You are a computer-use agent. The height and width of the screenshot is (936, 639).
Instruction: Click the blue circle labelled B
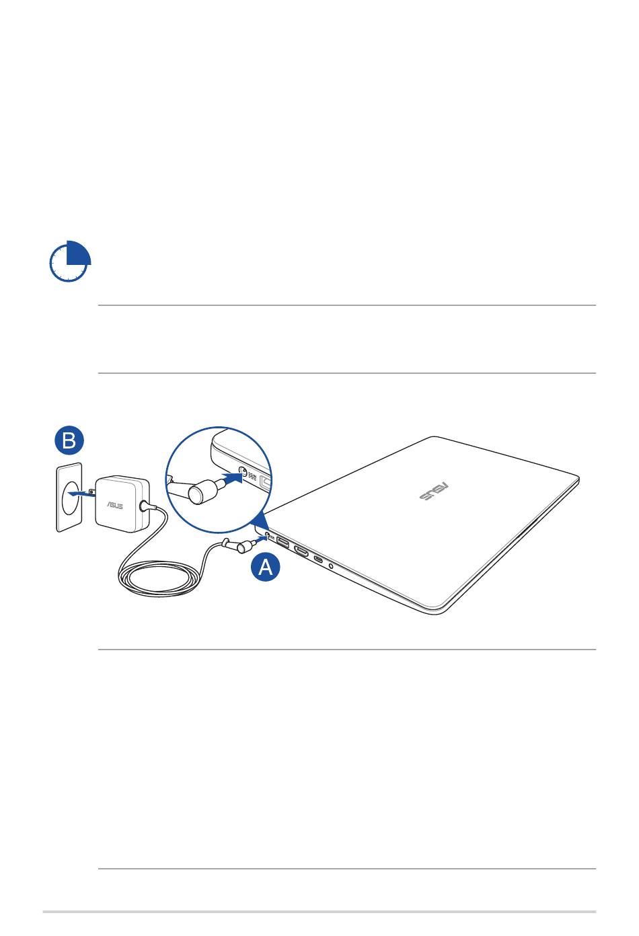click(x=69, y=440)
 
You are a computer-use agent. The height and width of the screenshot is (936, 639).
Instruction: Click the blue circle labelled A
click(x=266, y=567)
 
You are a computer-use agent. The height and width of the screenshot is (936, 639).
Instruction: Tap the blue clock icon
click(x=70, y=261)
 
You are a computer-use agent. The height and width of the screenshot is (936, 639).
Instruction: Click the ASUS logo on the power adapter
click(x=114, y=505)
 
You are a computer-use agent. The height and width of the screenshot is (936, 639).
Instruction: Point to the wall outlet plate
click(x=69, y=498)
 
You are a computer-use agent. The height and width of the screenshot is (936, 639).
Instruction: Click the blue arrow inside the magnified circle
click(x=231, y=477)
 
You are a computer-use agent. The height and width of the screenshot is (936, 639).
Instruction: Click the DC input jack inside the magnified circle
click(x=242, y=471)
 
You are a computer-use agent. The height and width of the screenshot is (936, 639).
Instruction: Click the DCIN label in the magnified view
click(x=252, y=475)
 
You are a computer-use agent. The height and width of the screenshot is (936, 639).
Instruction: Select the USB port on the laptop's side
click(x=283, y=543)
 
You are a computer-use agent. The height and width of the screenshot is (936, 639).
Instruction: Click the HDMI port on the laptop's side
click(x=301, y=551)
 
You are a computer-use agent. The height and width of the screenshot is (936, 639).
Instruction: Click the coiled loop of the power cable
click(x=159, y=579)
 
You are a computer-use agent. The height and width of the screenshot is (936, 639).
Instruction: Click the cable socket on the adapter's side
click(x=144, y=506)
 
